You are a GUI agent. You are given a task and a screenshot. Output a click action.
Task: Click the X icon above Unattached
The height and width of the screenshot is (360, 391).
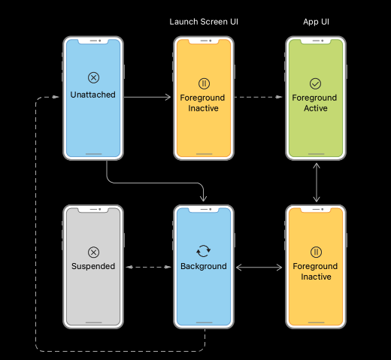(x=92, y=77)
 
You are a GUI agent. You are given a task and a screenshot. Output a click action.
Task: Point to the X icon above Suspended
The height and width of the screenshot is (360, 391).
(x=92, y=252)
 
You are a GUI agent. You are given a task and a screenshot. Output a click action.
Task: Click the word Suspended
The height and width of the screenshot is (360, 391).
(x=92, y=266)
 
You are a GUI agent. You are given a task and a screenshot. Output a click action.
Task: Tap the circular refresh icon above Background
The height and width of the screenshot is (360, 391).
(x=204, y=252)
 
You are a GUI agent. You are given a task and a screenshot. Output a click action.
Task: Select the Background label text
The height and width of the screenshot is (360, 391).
(x=204, y=266)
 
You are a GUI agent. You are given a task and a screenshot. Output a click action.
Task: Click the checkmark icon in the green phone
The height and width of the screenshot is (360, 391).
(x=316, y=83)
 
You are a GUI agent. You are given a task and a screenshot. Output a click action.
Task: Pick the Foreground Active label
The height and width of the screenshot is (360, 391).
(x=316, y=103)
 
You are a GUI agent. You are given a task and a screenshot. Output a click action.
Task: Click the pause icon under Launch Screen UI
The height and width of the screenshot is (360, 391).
(x=204, y=83)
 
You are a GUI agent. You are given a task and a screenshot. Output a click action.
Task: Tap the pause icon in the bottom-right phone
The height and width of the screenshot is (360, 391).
(x=316, y=252)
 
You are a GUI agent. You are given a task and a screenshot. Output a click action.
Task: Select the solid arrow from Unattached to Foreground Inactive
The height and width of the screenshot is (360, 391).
(x=147, y=98)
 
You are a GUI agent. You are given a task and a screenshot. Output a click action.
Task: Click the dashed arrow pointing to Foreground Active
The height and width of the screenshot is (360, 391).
(x=259, y=98)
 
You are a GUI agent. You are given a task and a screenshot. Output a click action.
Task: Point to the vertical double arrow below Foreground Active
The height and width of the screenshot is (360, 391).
(x=316, y=182)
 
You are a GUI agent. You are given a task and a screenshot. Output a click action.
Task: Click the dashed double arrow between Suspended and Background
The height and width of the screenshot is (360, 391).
(x=147, y=267)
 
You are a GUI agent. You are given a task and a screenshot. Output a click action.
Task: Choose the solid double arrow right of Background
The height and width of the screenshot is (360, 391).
(x=259, y=267)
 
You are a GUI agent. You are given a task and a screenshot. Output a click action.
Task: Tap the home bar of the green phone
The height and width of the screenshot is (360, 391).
(x=316, y=152)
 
